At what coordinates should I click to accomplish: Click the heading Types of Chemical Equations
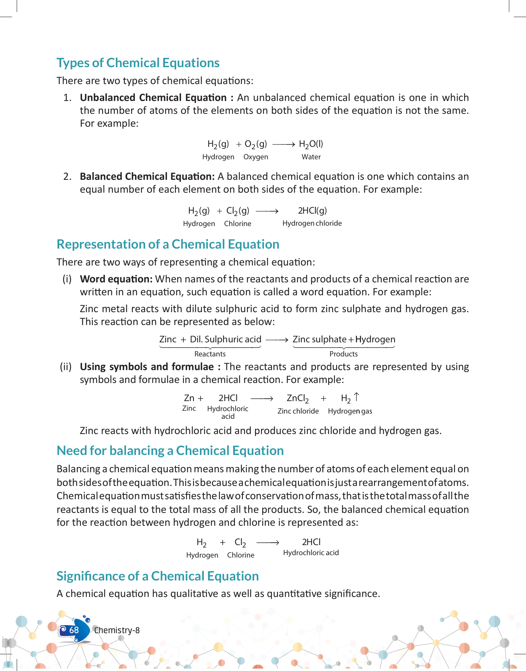(138, 63)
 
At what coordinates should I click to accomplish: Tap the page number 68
(74, 630)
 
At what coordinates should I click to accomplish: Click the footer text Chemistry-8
(117, 630)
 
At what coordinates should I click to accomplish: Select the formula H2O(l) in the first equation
(311, 144)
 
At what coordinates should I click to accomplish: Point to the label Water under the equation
(311, 157)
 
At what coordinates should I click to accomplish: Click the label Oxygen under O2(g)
(255, 157)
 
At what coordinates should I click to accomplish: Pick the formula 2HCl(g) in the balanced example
(312, 210)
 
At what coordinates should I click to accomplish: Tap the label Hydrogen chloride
(312, 223)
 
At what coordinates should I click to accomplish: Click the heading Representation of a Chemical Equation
(168, 245)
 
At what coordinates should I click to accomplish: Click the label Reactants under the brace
(210, 354)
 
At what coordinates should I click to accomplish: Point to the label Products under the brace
(343, 354)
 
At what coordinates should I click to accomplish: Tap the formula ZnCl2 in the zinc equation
(298, 398)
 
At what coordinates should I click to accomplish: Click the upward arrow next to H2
(356, 397)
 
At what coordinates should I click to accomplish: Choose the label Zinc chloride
(298, 411)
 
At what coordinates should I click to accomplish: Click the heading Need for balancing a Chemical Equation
(170, 451)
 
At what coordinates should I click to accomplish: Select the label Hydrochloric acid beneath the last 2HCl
(311, 553)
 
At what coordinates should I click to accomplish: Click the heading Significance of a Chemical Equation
(158, 576)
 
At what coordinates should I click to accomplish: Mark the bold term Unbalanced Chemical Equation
(153, 98)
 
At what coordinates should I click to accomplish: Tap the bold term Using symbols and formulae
(147, 367)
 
